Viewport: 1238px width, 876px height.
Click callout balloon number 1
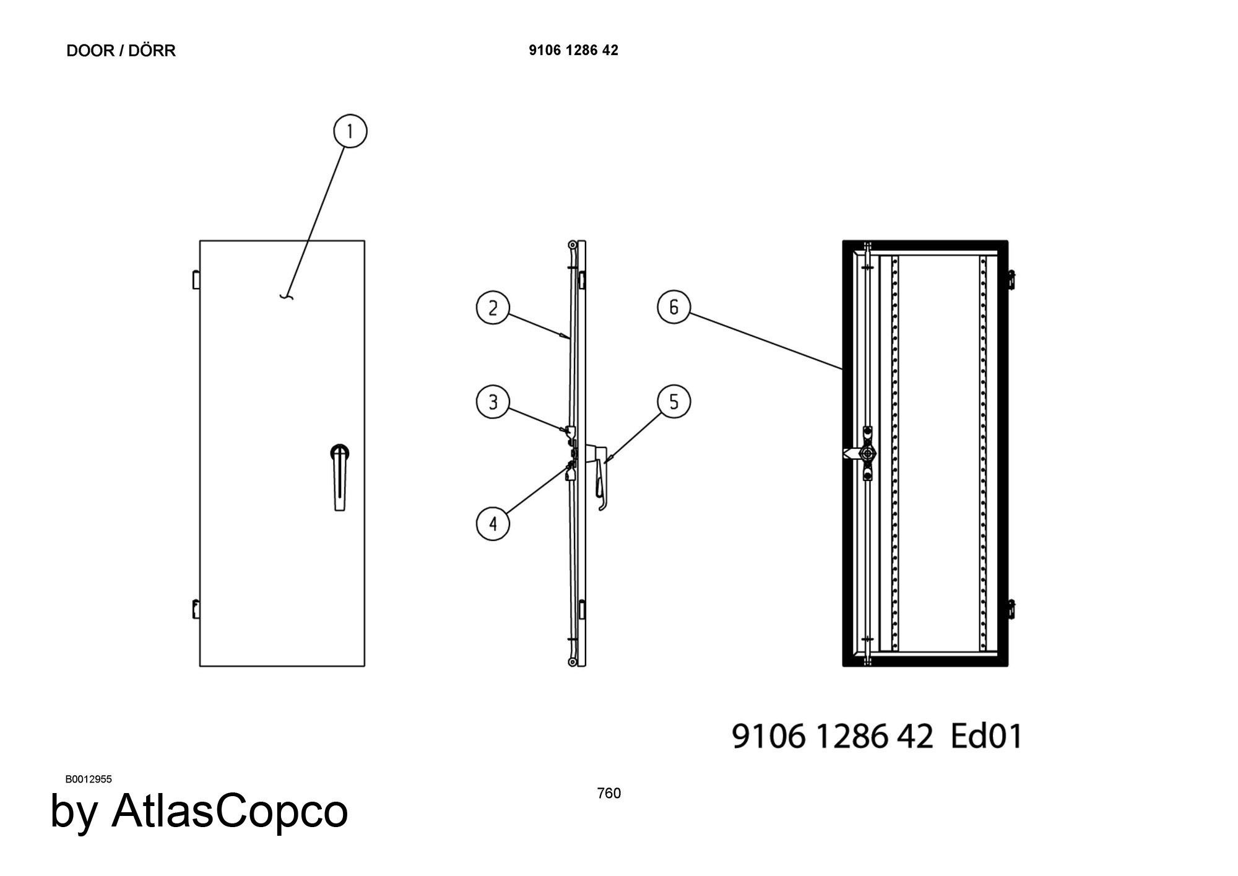tap(350, 131)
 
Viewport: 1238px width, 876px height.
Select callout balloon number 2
tap(493, 308)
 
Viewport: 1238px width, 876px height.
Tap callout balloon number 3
tap(493, 402)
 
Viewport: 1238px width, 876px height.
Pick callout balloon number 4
tap(493, 524)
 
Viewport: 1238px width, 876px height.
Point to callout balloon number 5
tap(673, 402)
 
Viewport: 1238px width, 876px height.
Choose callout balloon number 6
tap(673, 307)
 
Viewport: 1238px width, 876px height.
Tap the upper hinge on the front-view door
tap(196, 279)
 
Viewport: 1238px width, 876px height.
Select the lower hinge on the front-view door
tap(196, 609)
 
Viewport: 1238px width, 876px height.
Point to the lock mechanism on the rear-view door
tap(867, 454)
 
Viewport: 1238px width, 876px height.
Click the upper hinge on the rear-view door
tap(1011, 279)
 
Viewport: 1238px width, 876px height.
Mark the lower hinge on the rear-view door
tap(1011, 609)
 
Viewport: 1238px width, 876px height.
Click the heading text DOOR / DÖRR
tap(121, 51)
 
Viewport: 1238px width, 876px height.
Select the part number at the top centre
tap(573, 51)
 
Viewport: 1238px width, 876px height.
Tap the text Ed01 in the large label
tap(985, 736)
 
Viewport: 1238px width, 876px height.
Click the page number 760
tap(608, 793)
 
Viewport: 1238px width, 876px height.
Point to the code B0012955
tap(89, 779)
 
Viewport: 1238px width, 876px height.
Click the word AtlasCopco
tap(230, 811)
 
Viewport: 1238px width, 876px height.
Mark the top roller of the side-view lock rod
tap(573, 245)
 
